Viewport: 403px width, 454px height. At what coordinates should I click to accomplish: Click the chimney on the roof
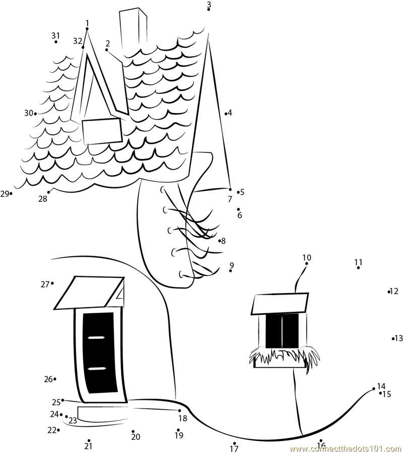point(133,29)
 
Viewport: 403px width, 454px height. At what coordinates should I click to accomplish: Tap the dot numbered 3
point(209,10)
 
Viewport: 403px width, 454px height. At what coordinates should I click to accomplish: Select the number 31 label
point(55,36)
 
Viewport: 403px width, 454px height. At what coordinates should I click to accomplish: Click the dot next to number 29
point(11,193)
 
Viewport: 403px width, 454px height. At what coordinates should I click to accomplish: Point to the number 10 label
point(307,257)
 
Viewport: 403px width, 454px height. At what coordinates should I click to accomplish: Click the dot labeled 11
point(359,268)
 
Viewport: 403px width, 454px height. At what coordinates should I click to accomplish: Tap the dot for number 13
point(393,338)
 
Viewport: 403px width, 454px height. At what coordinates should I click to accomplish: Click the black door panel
point(99,353)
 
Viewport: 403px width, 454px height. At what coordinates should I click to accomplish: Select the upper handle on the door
point(96,337)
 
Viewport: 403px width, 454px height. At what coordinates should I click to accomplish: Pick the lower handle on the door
point(97,368)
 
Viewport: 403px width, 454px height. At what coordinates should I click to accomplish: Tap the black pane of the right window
point(282,330)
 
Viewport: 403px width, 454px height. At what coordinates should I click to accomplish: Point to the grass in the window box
point(285,355)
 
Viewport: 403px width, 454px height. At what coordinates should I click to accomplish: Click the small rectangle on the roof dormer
point(102,131)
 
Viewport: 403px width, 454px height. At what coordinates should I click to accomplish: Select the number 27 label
point(45,285)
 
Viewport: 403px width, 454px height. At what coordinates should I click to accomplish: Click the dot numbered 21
point(89,441)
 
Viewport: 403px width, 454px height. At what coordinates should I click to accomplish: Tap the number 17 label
point(234,449)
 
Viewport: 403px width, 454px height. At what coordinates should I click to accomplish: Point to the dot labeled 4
point(226,114)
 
